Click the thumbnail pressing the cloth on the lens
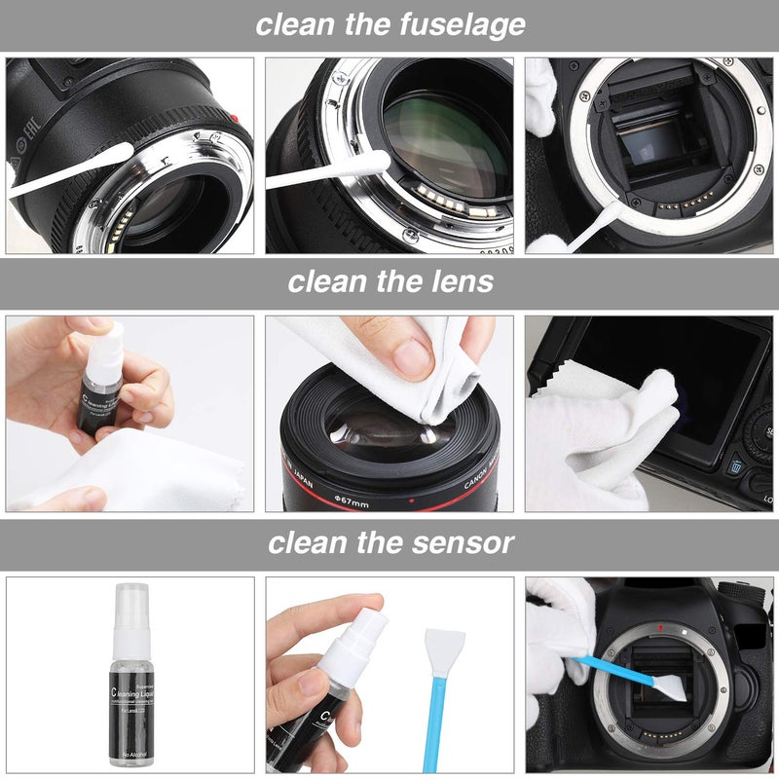coord(412,358)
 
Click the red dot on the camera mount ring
coord(660,627)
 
